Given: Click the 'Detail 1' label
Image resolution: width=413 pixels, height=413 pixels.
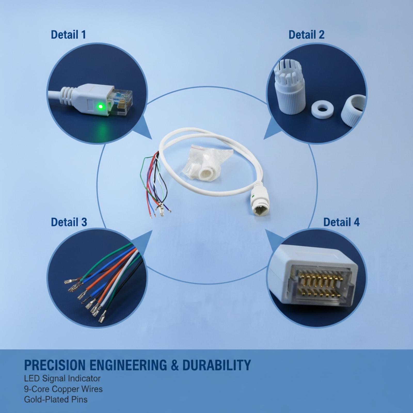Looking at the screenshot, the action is pyautogui.click(x=68, y=35).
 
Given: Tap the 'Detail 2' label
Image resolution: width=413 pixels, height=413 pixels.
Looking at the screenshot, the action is pyautogui.click(x=306, y=35).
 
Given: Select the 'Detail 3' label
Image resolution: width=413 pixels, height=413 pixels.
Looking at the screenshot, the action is pyautogui.click(x=69, y=222).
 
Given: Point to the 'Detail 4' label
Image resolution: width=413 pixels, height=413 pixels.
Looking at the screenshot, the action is pyautogui.click(x=341, y=222).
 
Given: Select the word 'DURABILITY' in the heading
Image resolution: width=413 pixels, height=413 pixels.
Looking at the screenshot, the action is pyautogui.click(x=217, y=365).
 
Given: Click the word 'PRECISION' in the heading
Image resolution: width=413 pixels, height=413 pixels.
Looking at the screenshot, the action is pyautogui.click(x=55, y=365).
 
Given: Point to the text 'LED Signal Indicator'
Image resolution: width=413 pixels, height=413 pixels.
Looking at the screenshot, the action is pyautogui.click(x=62, y=379).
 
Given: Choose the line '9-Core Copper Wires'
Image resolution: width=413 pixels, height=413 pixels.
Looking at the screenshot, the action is pyautogui.click(x=63, y=389).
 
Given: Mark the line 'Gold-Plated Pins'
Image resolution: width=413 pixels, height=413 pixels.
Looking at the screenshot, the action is pyautogui.click(x=56, y=400).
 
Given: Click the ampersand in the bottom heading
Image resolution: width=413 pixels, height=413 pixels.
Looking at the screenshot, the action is pyautogui.click(x=174, y=365).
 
